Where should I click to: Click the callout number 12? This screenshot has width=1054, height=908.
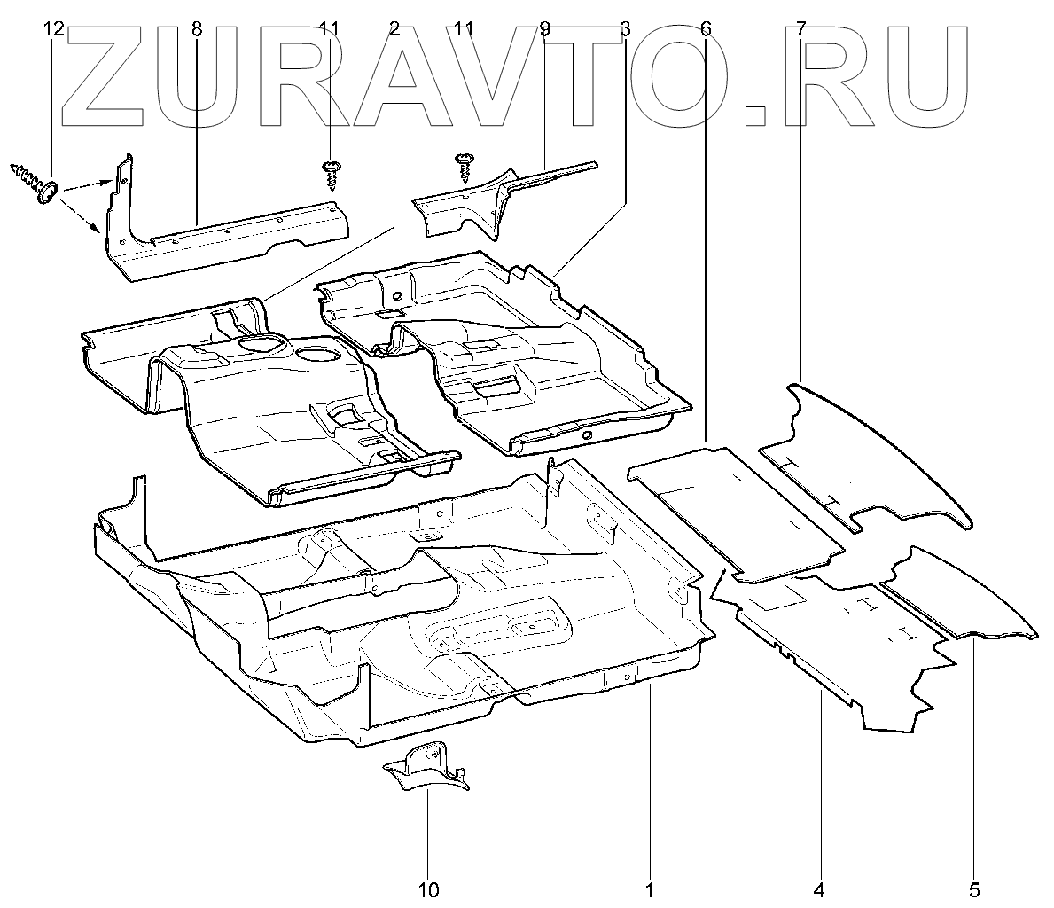point(53,28)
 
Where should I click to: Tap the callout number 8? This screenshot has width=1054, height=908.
point(196,28)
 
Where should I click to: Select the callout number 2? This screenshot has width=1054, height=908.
point(394,28)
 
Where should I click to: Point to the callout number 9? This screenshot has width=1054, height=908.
point(543,28)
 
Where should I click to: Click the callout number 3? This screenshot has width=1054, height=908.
point(625,28)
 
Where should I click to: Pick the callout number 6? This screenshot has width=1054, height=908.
point(706,28)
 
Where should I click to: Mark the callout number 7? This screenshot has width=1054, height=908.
point(800,28)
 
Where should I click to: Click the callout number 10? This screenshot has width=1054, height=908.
point(428,888)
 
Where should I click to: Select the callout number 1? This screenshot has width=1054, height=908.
point(650,888)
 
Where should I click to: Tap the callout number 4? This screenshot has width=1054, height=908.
point(820,888)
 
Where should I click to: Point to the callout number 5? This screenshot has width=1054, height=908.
point(973,888)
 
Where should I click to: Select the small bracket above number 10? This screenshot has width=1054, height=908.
point(426,768)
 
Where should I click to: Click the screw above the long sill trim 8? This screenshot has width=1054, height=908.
point(330,173)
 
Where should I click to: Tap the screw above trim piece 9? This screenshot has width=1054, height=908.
point(465,167)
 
